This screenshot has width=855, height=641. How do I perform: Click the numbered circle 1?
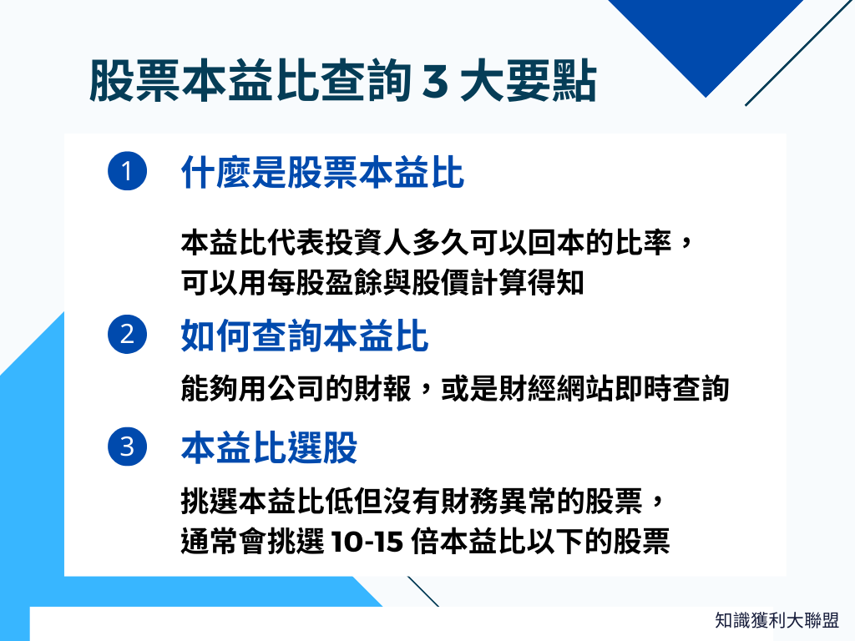click(127, 173)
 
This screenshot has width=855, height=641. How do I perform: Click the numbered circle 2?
click(127, 336)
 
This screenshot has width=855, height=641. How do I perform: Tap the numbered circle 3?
click(127, 447)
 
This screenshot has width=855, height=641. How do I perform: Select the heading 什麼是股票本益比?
click(322, 174)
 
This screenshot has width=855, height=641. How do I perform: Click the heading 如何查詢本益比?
click(305, 337)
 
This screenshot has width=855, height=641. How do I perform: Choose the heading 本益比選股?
click(270, 448)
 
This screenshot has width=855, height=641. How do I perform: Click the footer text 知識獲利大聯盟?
click(777, 620)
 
